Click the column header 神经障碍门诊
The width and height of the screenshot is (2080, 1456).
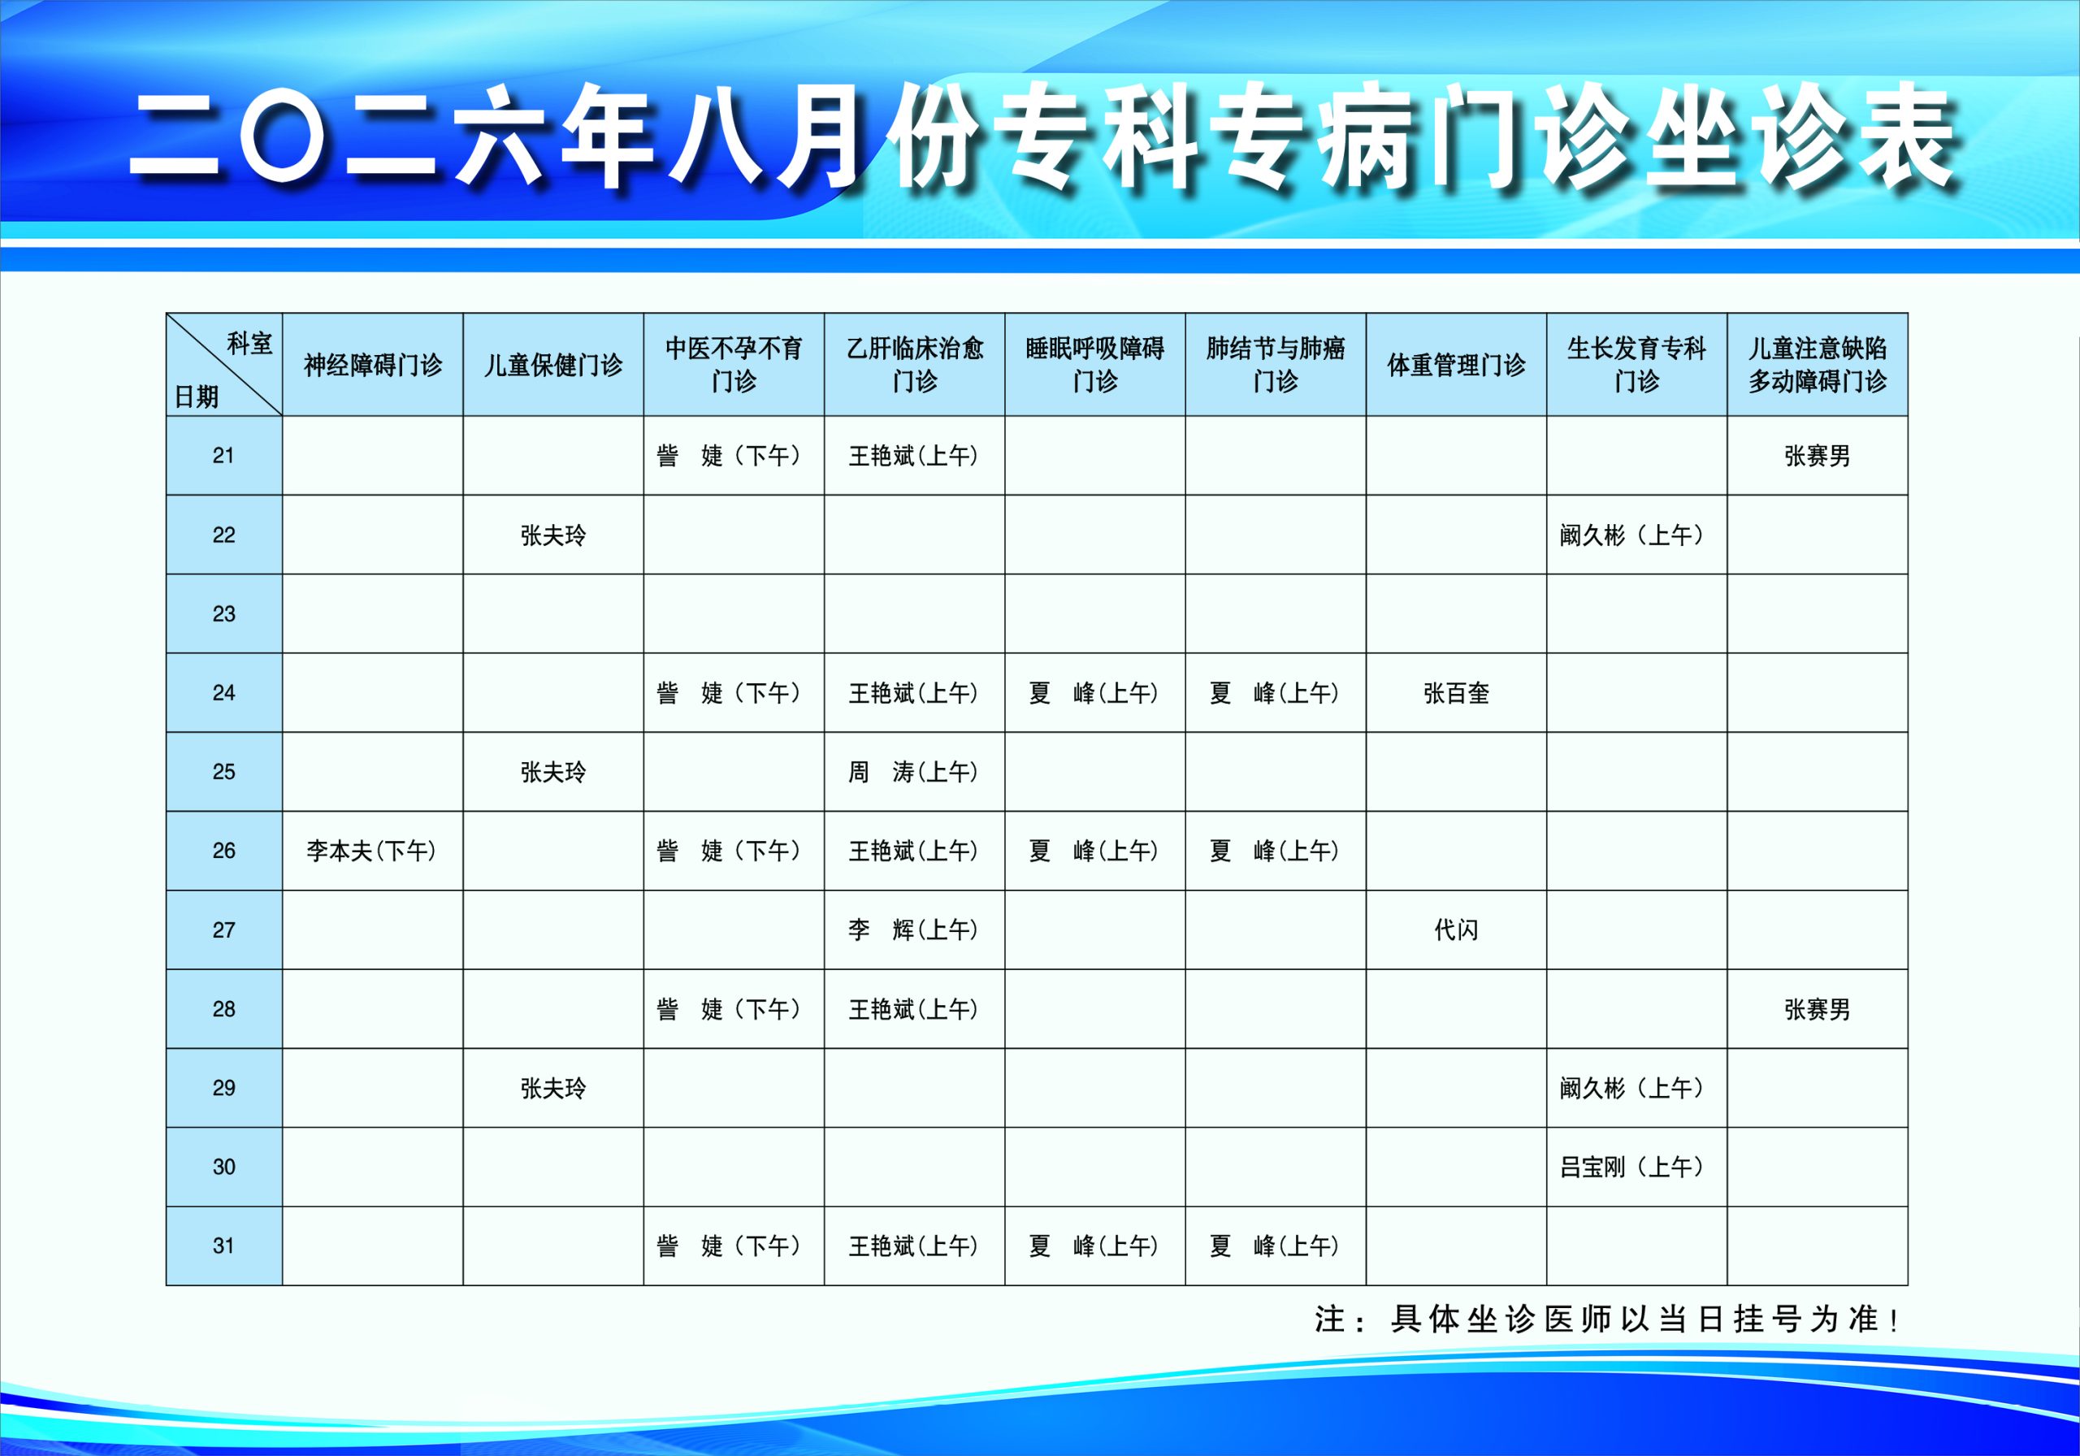(372, 365)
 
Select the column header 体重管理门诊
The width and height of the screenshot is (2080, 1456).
(1456, 365)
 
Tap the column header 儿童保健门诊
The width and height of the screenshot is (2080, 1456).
(552, 365)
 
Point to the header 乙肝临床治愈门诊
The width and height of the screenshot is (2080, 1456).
(914, 364)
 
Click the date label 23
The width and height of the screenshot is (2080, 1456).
(223, 613)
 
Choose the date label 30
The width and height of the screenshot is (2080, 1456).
(223, 1166)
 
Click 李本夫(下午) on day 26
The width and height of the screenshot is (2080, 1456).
(371, 851)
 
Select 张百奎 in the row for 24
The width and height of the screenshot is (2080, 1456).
(1456, 693)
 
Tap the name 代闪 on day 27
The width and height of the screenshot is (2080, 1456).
(1456, 929)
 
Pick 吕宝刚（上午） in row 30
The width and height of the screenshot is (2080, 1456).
(1632, 1167)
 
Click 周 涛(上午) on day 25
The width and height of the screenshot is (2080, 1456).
(913, 772)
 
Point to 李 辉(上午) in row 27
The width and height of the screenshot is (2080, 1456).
(913, 929)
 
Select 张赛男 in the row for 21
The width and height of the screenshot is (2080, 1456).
(1818, 456)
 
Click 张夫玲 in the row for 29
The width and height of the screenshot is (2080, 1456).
(552, 1088)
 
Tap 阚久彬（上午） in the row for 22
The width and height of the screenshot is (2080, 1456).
(1632, 535)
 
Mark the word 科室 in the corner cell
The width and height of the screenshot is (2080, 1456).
(249, 344)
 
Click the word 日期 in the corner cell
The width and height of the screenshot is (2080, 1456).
(197, 396)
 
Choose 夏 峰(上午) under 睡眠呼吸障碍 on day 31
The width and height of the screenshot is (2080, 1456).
(1094, 1246)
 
